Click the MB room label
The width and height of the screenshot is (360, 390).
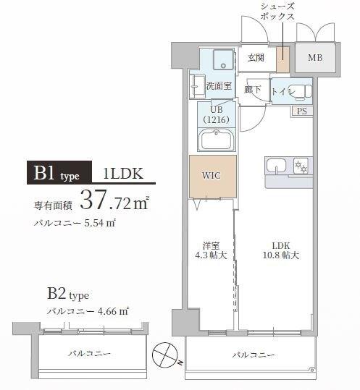point(316,57)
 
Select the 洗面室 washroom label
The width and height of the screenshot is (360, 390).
point(218,85)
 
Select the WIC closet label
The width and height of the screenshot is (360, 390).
point(211,176)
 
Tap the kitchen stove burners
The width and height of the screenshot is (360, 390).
point(300,168)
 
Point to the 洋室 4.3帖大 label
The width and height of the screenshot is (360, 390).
point(212,250)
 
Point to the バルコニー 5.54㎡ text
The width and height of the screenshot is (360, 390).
point(75,224)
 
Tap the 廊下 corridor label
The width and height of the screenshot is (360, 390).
point(253,90)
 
